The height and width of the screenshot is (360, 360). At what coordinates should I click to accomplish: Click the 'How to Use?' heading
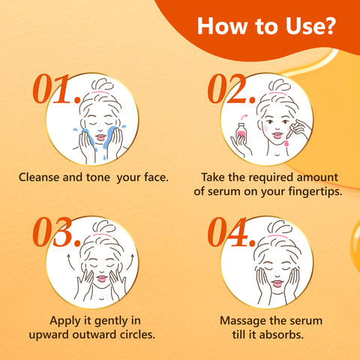pyautogui.click(x=266, y=28)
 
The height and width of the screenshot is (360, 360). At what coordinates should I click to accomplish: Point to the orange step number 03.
pyautogui.click(x=56, y=233)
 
